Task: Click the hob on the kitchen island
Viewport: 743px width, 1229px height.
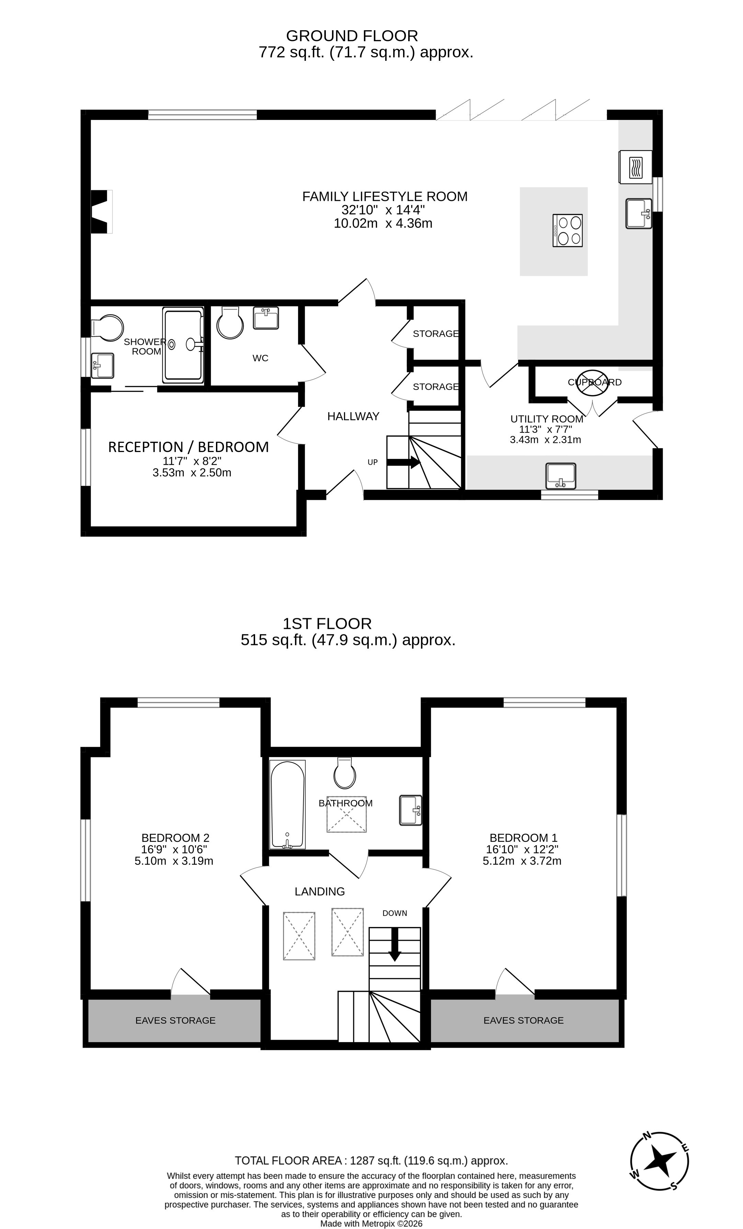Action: click(x=568, y=230)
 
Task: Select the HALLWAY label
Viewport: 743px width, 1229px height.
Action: click(x=353, y=416)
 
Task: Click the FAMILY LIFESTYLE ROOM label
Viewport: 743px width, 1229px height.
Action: click(x=385, y=196)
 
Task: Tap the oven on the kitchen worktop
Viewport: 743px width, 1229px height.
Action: click(x=635, y=167)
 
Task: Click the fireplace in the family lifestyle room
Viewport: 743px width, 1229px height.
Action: click(x=101, y=212)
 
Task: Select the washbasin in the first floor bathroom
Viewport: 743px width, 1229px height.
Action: click(x=410, y=810)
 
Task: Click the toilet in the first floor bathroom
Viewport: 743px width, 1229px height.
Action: click(x=345, y=773)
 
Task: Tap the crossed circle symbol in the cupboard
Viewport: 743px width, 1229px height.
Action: click(x=592, y=383)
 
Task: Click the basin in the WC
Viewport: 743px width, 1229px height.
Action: click(x=266, y=318)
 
